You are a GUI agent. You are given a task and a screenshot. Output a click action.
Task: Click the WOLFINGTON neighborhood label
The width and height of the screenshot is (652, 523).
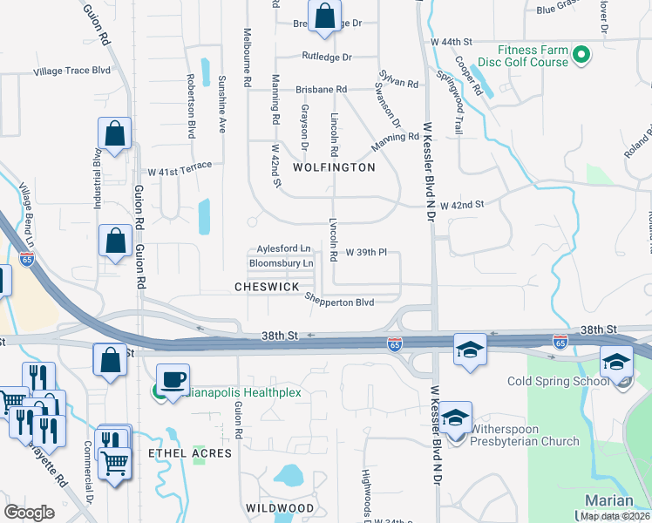pos(334,166)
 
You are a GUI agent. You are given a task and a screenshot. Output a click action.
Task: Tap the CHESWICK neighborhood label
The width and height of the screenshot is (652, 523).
pos(267,287)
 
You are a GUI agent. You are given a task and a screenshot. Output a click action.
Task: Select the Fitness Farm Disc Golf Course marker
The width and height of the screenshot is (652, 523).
pos(582,56)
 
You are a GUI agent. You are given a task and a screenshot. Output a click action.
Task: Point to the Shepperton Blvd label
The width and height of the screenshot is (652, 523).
pos(339,302)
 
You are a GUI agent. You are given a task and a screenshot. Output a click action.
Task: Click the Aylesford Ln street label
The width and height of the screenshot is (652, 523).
pos(283,248)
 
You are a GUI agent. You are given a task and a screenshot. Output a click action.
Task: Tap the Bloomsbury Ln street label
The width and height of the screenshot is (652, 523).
pos(281,262)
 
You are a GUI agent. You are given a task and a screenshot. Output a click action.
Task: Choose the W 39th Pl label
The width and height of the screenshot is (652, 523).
pos(366,253)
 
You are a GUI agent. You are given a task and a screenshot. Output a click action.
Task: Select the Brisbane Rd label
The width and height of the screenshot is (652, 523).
pos(321,89)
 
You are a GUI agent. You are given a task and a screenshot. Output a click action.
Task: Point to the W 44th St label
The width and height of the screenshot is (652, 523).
pos(451,42)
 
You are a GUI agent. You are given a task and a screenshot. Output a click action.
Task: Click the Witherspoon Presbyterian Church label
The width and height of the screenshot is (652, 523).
pos(525,435)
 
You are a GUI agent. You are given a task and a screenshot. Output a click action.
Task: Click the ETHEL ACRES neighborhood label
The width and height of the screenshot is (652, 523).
pos(190,453)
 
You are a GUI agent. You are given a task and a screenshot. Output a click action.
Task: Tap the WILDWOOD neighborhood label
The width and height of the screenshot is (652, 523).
pos(279,507)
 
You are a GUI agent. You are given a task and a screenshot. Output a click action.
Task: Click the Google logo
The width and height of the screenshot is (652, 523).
pos(30,513)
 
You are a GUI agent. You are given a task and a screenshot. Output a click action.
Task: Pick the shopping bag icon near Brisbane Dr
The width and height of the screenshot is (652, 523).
pos(324,17)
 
